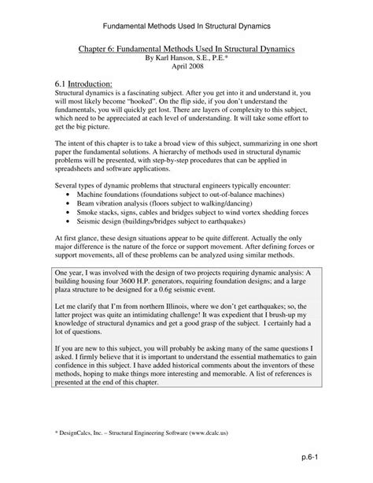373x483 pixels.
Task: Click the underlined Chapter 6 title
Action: pos(186,48)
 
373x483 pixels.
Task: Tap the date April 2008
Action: pos(186,67)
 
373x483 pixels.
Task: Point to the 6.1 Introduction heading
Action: pos(84,84)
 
